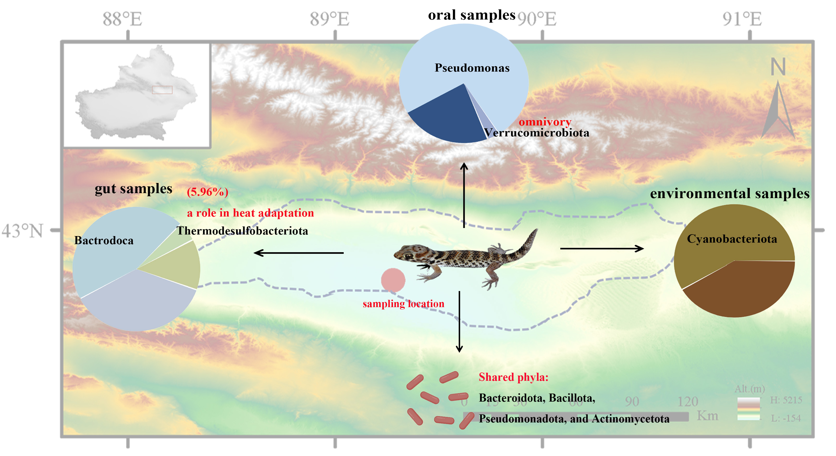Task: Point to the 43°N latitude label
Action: tap(22, 231)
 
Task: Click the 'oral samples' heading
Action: tap(471, 15)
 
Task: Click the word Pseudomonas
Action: tap(472, 68)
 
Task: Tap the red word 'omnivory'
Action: tap(545, 122)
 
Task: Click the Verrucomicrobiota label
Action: tap(537, 132)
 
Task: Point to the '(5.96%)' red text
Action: tap(207, 192)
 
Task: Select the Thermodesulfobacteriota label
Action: tap(242, 231)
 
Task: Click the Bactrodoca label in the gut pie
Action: tap(104, 240)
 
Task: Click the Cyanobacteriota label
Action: tap(732, 239)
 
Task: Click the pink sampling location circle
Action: tap(393, 280)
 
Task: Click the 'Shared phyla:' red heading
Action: tap(513, 377)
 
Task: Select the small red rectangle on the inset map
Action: tap(162, 90)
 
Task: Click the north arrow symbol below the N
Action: tap(778, 110)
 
